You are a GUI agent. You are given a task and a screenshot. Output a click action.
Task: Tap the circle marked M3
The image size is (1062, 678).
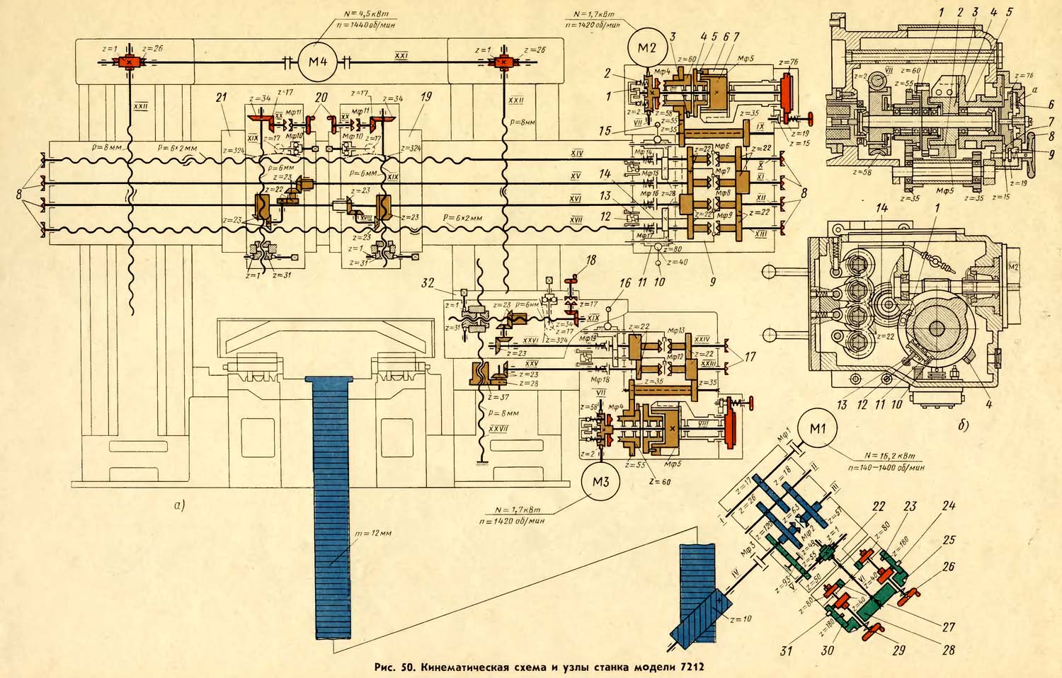tap(600, 482)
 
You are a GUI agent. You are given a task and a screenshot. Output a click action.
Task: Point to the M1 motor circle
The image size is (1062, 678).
tap(816, 429)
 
